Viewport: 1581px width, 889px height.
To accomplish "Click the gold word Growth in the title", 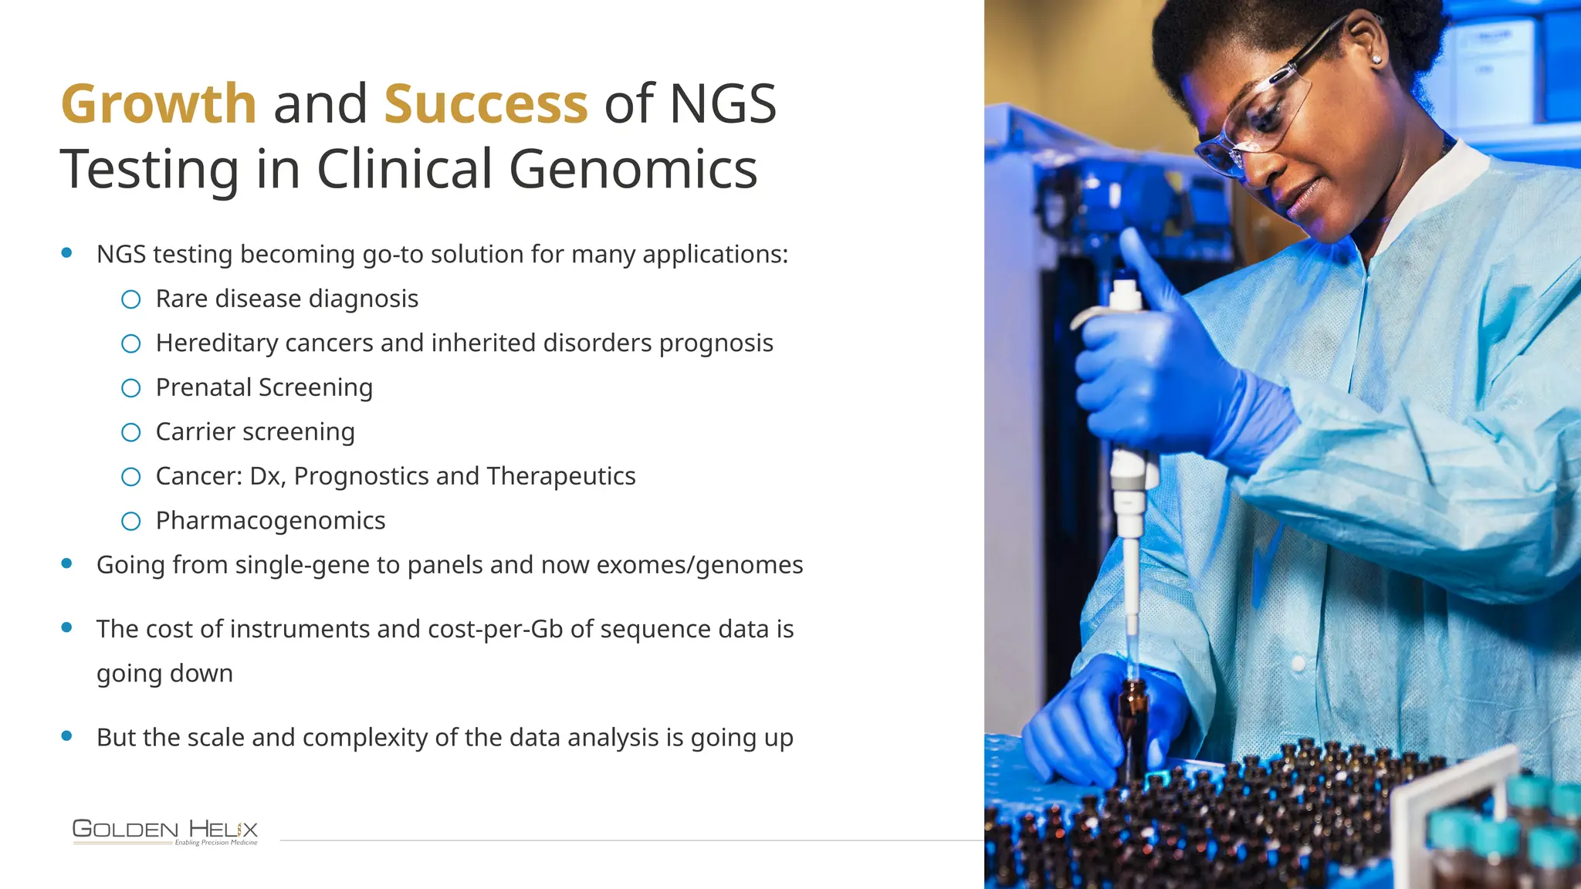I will (x=158, y=104).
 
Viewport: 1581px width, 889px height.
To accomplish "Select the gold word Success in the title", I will (x=486, y=104).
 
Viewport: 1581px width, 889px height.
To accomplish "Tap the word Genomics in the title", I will (x=633, y=170).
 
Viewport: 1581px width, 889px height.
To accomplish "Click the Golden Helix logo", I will (x=165, y=832).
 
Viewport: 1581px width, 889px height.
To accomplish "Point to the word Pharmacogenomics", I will (x=270, y=521).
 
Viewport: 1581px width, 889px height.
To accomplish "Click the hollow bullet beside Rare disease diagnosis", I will (x=131, y=299).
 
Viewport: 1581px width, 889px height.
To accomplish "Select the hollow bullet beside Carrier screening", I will (x=131, y=432).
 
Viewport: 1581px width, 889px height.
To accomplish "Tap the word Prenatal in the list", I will (x=204, y=387).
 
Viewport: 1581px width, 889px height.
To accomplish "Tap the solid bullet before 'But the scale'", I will (x=67, y=736).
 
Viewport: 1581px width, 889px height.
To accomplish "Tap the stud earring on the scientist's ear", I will (x=1376, y=59).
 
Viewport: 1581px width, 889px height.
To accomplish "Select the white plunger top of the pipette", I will (x=1126, y=296).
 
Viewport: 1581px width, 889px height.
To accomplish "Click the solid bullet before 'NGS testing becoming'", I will (x=67, y=252).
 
